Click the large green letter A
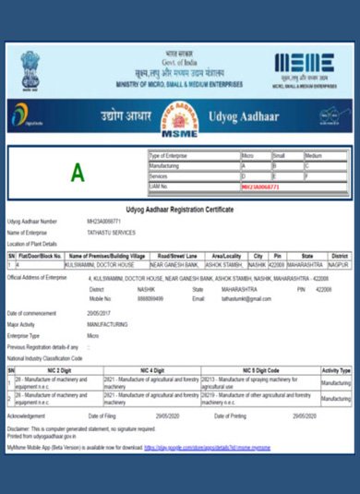click(78, 173)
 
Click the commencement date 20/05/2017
click(101, 314)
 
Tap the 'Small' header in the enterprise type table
click(279, 156)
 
